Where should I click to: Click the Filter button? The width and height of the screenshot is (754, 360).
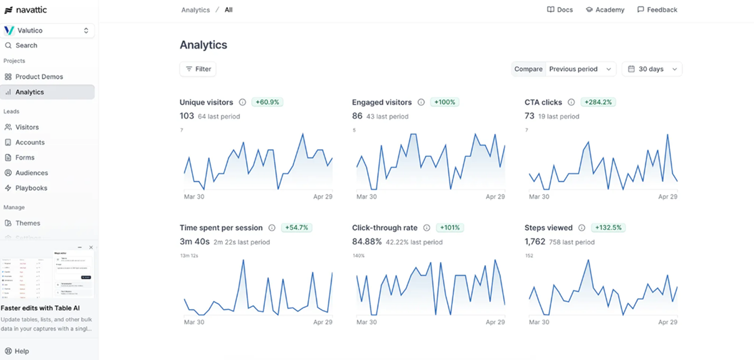point(198,69)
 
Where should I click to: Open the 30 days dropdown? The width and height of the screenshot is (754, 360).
point(652,69)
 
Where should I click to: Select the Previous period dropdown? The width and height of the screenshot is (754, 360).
point(580,69)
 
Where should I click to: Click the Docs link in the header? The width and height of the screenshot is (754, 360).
point(560,10)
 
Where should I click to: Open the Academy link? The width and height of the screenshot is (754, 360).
point(605,10)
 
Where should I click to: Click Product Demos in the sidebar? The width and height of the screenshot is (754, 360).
point(39,77)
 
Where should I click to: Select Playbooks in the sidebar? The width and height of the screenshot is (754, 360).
point(31,188)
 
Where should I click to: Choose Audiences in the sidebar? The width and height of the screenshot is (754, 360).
point(31,173)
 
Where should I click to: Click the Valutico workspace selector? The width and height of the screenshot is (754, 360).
point(48,31)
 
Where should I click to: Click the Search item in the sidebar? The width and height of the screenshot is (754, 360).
point(26,45)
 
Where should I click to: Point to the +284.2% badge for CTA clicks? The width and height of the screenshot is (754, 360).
point(598,102)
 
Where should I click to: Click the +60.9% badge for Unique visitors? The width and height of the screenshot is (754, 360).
point(267,102)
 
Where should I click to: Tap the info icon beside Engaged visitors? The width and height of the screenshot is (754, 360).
point(421,102)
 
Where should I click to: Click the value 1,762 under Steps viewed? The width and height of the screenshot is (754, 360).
point(534,242)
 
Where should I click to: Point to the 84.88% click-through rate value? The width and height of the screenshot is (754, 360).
point(367,242)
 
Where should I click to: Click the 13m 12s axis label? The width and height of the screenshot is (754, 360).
point(189,256)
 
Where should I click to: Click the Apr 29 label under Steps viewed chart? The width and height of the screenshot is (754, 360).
point(667,322)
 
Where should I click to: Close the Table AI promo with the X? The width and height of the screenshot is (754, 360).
point(91,248)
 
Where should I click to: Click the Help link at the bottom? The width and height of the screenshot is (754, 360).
point(22,351)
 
